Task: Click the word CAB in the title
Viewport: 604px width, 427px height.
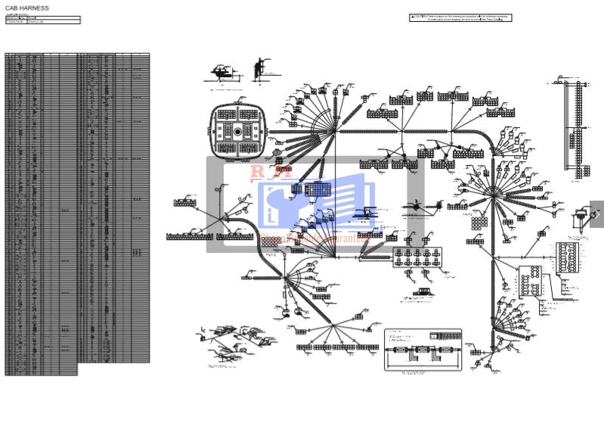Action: [11, 8]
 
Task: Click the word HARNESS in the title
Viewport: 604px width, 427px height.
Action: [34, 8]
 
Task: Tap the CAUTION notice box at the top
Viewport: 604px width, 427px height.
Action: [460, 17]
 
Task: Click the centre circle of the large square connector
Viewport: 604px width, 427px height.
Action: [237, 132]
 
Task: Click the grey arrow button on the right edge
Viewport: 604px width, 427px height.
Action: [596, 214]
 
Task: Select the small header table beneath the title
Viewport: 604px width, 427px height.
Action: [42, 20]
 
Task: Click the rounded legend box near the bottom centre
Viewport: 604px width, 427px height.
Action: [423, 350]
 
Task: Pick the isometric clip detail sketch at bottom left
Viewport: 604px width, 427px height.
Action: [231, 344]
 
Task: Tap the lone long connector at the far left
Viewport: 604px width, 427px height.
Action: [185, 203]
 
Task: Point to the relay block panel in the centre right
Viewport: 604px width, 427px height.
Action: [417, 257]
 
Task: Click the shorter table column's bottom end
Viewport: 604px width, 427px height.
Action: [42, 373]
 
